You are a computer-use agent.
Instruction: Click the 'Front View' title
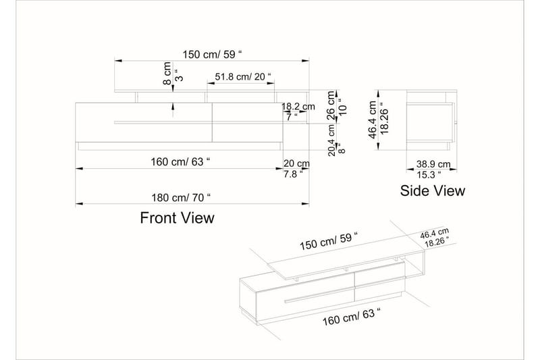coord(177,217)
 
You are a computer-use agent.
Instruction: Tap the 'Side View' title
coord(433,190)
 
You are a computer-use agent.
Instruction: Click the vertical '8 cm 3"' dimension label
coord(172,72)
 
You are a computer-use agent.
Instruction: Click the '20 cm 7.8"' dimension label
coord(296,168)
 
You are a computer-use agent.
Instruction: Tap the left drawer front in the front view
coord(143,122)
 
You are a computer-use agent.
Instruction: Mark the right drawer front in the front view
coord(245,122)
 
